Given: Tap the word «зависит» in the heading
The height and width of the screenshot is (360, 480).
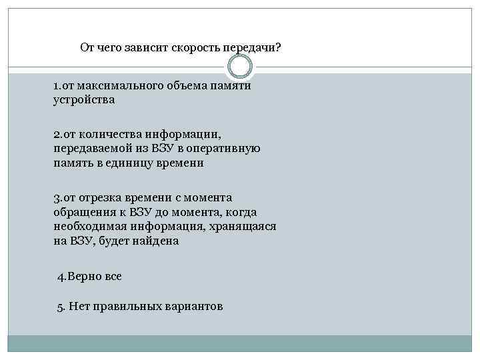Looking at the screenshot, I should click(x=147, y=48).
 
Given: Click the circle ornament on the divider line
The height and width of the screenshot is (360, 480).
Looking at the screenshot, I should click(x=240, y=67).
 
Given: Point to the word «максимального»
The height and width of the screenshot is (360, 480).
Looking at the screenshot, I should click(x=119, y=87).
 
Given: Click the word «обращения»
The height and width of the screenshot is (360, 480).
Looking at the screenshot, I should click(x=83, y=211).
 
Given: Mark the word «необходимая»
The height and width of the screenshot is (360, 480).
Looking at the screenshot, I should click(x=90, y=227).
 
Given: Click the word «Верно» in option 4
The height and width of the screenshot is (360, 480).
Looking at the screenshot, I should click(x=86, y=276).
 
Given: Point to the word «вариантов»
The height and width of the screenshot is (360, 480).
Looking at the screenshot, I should click(x=193, y=307).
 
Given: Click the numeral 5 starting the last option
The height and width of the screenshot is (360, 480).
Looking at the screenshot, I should click(x=60, y=307).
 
